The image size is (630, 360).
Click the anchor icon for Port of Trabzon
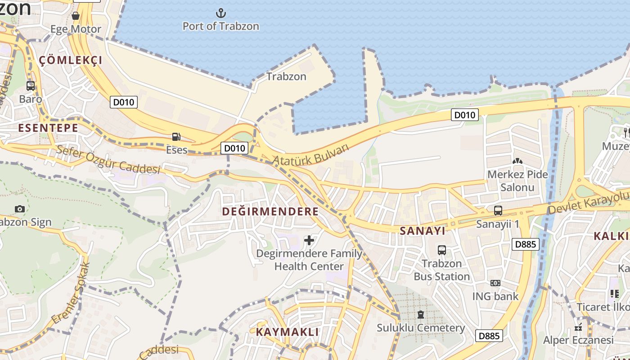(x=220, y=13)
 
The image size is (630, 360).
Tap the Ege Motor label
(x=76, y=29)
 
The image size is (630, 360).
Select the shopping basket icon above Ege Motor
(x=76, y=16)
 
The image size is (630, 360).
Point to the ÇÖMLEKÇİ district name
(x=71, y=60)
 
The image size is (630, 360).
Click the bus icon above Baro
(x=31, y=85)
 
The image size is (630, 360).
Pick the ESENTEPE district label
(x=48, y=128)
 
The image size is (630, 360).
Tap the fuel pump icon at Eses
(x=176, y=137)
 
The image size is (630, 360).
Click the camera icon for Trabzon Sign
(x=19, y=209)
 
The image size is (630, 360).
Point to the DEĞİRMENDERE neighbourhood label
(x=270, y=211)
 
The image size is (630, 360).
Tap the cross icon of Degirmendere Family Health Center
(x=309, y=240)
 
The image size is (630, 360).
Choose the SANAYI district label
(x=423, y=231)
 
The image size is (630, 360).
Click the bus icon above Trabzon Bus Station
(x=442, y=250)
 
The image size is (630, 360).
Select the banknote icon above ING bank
(x=495, y=283)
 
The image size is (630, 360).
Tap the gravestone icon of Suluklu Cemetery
(x=421, y=314)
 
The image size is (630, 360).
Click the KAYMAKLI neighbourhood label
(x=287, y=332)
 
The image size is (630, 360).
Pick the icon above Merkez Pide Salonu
(x=517, y=161)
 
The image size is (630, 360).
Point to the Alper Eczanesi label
(x=578, y=340)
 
